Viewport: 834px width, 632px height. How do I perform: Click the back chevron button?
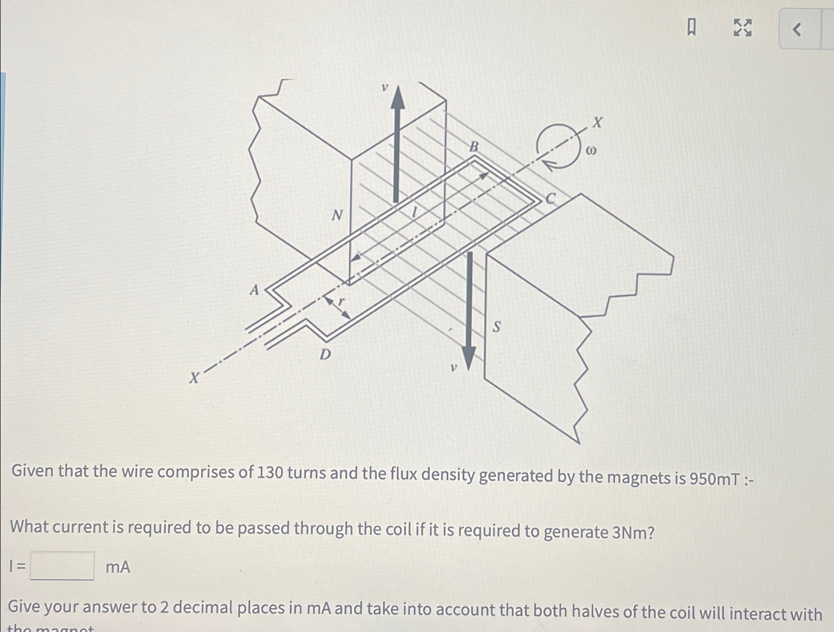point(797,30)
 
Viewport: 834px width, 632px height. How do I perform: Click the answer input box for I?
point(62,566)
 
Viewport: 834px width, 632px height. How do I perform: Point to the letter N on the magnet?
point(337,215)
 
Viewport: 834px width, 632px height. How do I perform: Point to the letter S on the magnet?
point(496,327)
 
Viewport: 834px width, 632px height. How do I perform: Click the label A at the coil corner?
point(254,290)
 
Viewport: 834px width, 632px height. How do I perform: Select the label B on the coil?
point(474,147)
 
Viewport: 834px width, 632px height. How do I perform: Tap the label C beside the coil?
point(551,199)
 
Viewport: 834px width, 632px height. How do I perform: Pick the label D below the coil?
point(325,355)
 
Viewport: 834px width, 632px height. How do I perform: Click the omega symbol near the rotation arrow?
point(591,150)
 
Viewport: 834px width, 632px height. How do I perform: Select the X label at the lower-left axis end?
point(194,378)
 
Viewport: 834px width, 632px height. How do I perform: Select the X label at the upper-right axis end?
point(598,122)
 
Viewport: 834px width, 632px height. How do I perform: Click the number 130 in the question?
point(270,473)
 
